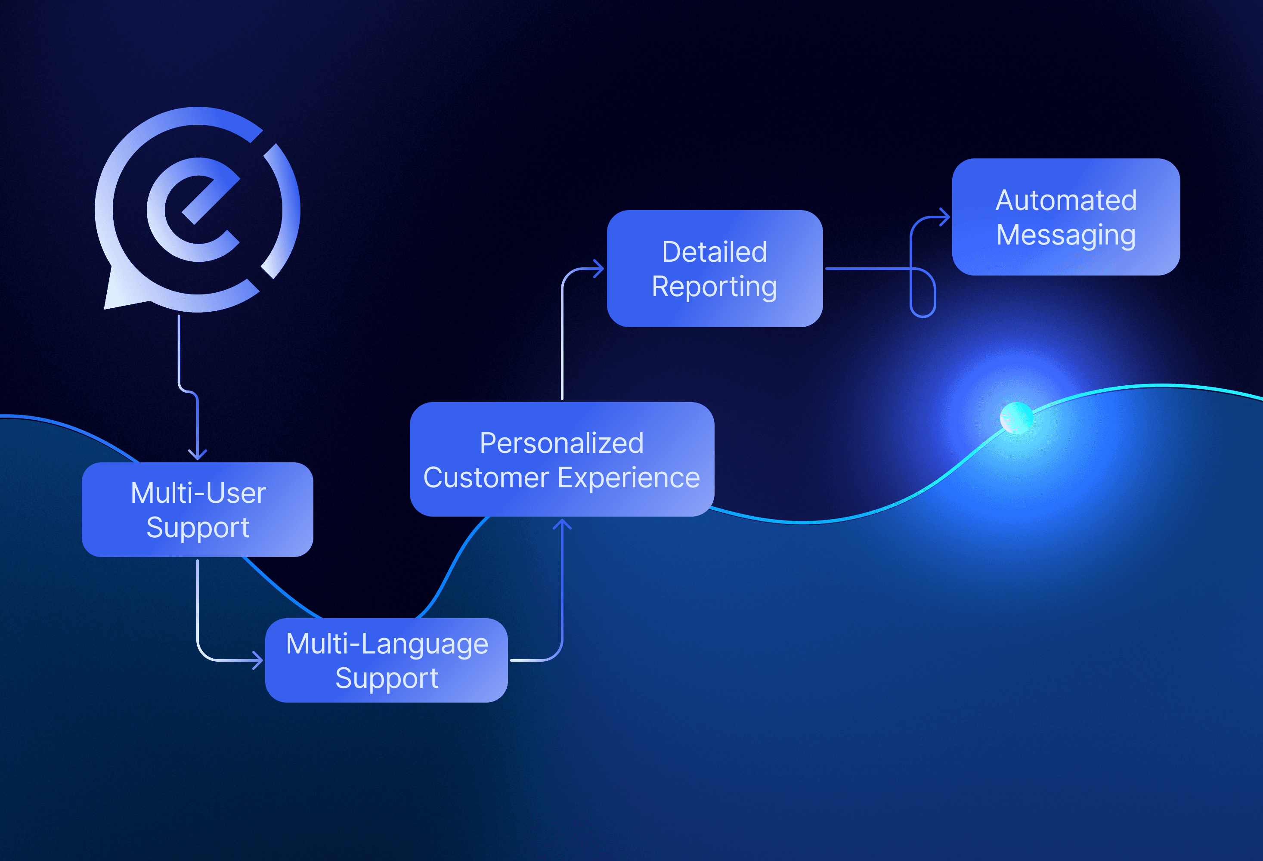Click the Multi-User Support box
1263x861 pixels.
click(x=197, y=509)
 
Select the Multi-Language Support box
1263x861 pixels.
click(x=387, y=660)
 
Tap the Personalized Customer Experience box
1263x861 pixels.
click(x=561, y=459)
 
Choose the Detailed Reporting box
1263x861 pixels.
click(x=714, y=269)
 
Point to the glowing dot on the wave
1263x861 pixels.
click(x=1016, y=418)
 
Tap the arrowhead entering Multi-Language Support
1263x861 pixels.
click(x=257, y=660)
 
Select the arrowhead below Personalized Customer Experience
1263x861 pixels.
click(x=562, y=524)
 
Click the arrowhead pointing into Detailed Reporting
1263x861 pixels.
click(x=598, y=269)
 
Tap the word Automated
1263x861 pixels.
click(x=1066, y=200)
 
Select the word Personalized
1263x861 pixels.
click(x=561, y=443)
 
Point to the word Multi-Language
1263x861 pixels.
click(x=387, y=644)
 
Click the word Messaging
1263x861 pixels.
click(x=1066, y=235)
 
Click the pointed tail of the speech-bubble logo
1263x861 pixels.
click(x=111, y=302)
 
